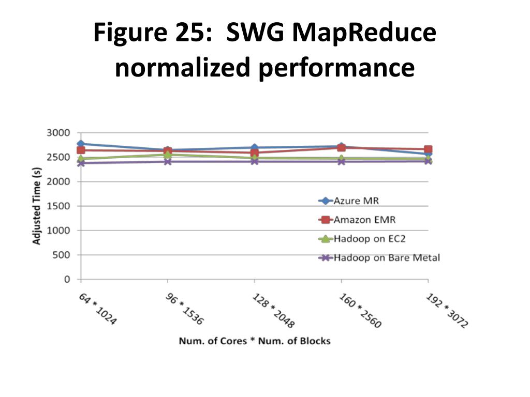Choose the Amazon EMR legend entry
364,220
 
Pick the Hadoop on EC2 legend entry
366,239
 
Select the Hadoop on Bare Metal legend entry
386,257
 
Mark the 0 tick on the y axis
67,280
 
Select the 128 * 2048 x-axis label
273,311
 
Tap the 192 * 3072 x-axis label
447,311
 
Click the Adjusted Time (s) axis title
37,206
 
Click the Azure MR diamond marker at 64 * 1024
81,144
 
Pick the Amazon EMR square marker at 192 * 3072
428,149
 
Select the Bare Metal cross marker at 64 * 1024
81,163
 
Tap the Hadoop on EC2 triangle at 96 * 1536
168,154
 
